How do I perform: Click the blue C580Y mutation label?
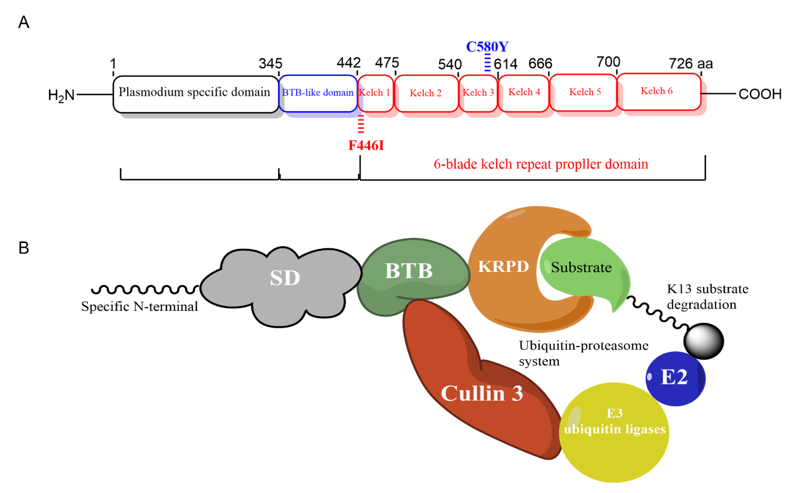(x=487, y=47)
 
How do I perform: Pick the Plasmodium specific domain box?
(x=195, y=94)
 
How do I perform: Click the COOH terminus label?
(x=760, y=94)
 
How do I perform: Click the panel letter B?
(x=24, y=248)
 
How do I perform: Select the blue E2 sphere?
(x=675, y=378)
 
